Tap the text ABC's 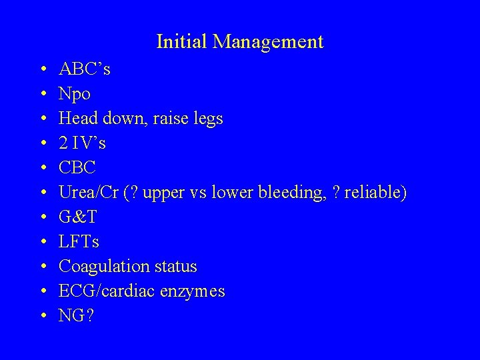click(85, 69)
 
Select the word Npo click(75, 94)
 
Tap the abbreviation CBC click(78, 167)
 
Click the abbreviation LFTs click(79, 241)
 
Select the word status click(175, 266)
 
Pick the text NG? click(76, 315)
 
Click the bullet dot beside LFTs click(42, 242)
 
